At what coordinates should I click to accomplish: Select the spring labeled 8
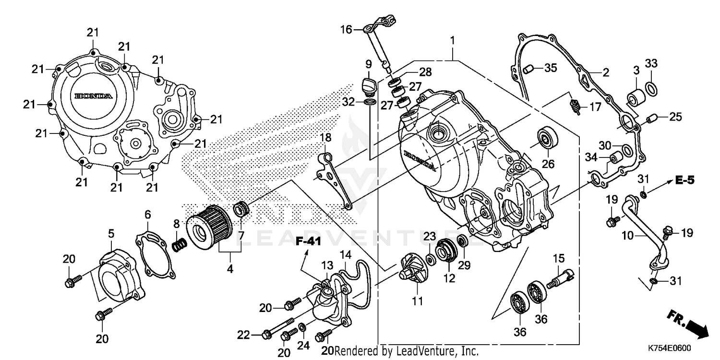tap(179, 244)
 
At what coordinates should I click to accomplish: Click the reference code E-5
tap(684, 180)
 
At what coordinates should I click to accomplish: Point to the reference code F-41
tap(308, 241)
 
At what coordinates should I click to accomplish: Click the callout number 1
tap(451, 41)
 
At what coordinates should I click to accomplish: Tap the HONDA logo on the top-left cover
tap(94, 96)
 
